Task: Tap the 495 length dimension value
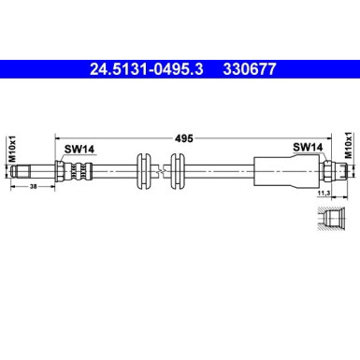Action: pos(183,137)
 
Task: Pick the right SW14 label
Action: pos(308,146)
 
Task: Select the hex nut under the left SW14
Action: pos(62,170)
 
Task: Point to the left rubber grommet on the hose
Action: pos(142,170)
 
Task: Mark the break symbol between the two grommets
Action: pos(160,170)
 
